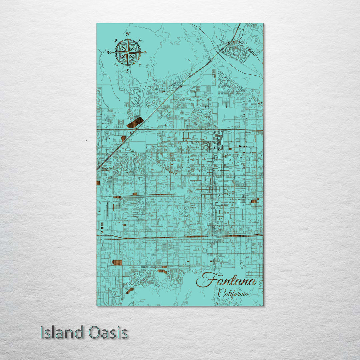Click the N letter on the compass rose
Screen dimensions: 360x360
click(x=128, y=34)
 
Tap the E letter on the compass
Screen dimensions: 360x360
click(x=145, y=52)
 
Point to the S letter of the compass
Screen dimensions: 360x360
click(x=127, y=71)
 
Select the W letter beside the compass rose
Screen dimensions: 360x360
click(x=109, y=52)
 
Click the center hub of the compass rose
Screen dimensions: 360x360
click(x=128, y=52)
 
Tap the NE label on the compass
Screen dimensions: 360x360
click(x=140, y=41)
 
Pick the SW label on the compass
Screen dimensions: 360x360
click(x=116, y=64)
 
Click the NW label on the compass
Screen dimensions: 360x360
click(x=116, y=41)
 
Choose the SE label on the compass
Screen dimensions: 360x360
click(x=139, y=64)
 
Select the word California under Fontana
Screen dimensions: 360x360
click(x=233, y=294)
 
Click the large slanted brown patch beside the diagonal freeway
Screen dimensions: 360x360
click(x=135, y=123)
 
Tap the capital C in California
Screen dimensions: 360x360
click(x=221, y=294)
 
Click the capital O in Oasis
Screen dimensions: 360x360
click(x=95, y=333)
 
